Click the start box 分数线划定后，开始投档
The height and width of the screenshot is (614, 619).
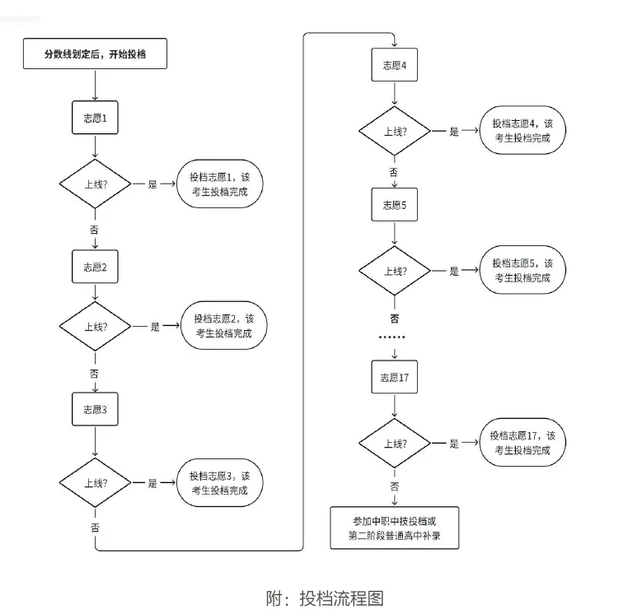(96, 55)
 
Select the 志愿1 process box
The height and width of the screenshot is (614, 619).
(96, 119)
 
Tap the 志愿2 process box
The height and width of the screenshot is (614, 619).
(96, 267)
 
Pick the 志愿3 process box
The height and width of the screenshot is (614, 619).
(96, 410)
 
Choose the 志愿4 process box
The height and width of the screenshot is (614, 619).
(395, 67)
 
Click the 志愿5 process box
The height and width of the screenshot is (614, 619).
(395, 205)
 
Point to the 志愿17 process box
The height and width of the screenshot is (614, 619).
(395, 378)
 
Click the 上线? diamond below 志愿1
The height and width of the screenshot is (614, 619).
(96, 184)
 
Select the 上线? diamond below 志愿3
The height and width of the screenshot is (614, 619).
(96, 484)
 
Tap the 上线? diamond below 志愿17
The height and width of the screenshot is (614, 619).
(395, 444)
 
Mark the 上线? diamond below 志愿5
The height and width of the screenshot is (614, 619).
(395, 271)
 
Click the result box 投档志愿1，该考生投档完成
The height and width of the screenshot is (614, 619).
(219, 184)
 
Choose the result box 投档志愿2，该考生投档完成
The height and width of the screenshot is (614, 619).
(224, 326)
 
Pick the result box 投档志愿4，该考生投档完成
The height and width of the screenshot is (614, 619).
(523, 131)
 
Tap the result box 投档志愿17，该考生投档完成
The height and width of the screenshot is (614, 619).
(523, 443)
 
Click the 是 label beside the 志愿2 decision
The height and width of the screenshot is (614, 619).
(154, 327)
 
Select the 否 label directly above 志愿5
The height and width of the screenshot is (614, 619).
(394, 172)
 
